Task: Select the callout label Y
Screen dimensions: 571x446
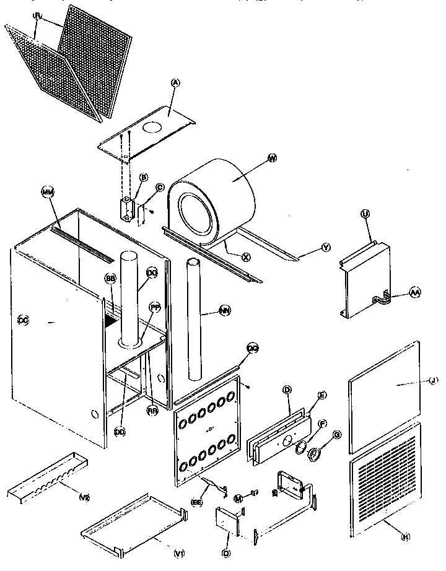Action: pos(326,247)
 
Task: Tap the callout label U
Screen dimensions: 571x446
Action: pos(365,214)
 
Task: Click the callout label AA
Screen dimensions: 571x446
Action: pos(414,294)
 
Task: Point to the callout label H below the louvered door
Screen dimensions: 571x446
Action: pos(406,537)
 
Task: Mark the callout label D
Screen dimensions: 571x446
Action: pos(287,390)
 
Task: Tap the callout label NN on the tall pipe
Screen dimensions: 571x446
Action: pos(222,313)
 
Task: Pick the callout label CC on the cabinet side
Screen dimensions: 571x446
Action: pos(24,320)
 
